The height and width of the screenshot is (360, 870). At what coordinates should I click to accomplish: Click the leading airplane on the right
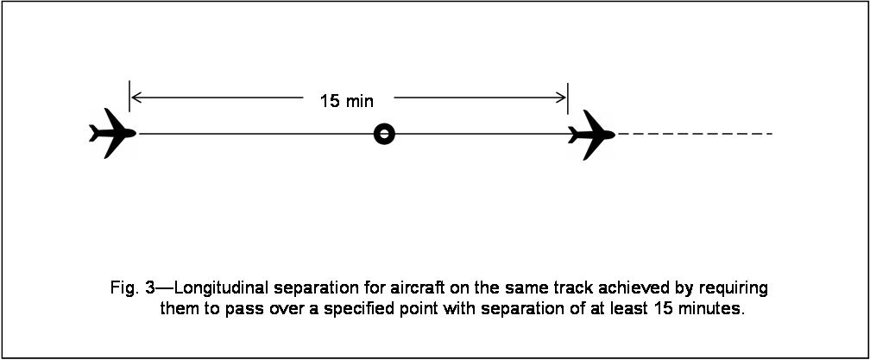point(591,135)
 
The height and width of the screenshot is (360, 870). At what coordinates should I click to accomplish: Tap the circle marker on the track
point(384,134)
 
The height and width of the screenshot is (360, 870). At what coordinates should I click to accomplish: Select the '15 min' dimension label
point(347,101)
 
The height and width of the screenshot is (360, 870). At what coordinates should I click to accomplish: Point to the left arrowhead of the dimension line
point(135,97)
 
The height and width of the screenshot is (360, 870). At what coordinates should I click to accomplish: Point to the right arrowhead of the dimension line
point(562,97)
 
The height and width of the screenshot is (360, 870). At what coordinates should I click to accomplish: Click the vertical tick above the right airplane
point(567,97)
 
